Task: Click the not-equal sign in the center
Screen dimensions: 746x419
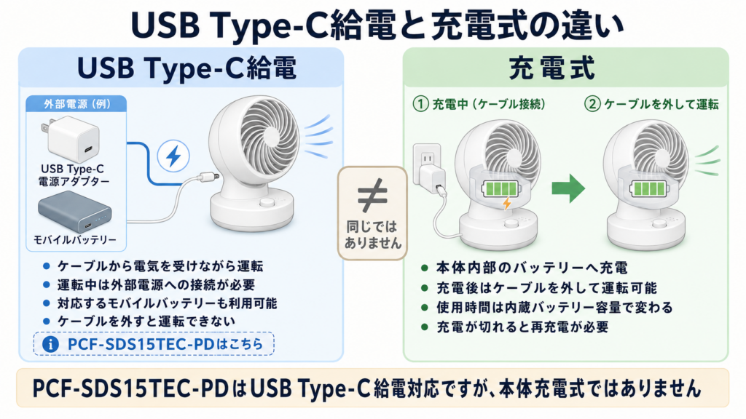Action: coord(372,195)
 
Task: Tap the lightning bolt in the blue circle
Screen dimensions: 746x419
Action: coord(173,156)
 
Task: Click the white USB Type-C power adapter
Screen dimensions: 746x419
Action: coord(71,139)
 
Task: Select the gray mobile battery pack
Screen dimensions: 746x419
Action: coord(75,212)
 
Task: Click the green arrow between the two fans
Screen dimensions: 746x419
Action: coord(568,188)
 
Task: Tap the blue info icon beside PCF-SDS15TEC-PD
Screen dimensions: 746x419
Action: coord(50,344)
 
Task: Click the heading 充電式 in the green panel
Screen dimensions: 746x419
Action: coord(552,68)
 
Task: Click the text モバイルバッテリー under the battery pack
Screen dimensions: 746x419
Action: coord(75,240)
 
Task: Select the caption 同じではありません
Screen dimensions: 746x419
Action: coord(373,234)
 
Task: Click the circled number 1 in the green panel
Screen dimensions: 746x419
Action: coord(420,104)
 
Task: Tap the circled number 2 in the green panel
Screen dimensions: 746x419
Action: coord(592,104)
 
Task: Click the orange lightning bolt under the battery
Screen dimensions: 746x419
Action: coord(507,203)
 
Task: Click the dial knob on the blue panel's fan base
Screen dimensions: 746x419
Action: coord(267,203)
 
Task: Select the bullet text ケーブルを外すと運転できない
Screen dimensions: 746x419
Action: coord(146,322)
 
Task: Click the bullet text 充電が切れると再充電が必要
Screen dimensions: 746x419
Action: coord(522,327)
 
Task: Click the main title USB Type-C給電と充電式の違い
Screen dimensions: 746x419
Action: coord(377,25)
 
